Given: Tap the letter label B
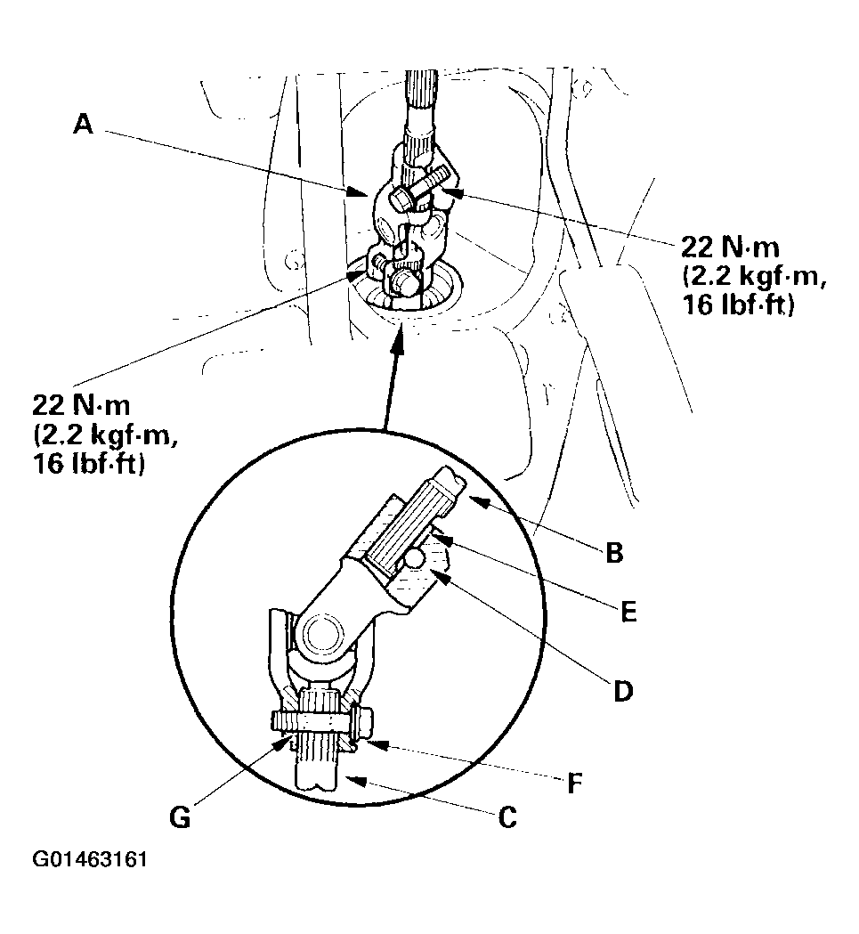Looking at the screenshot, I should (x=613, y=553).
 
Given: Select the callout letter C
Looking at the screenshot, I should (x=506, y=816).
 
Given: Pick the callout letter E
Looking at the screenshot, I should (x=629, y=613).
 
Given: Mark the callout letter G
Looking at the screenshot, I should (x=181, y=816).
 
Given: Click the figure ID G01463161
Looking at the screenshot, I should (x=90, y=860).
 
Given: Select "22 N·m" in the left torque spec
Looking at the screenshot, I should (x=81, y=405).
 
